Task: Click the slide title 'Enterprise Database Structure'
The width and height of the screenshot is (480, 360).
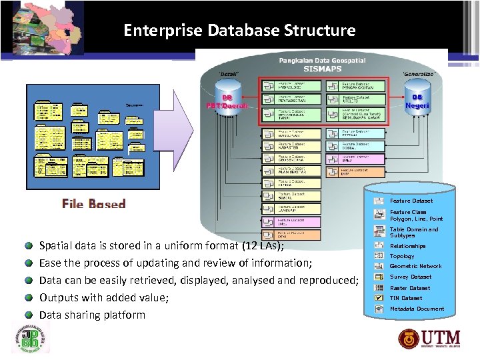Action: pos(239,31)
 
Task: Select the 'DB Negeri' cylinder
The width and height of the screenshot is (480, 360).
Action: pos(418,101)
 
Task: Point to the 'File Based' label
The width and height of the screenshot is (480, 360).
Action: pos(94,204)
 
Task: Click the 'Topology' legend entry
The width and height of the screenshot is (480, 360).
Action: pos(402,256)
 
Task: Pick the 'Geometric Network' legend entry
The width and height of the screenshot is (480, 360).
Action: pos(415,266)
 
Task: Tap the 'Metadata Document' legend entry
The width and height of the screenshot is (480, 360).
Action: pos(417,309)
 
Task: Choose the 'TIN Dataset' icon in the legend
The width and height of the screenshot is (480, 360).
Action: pos(379,298)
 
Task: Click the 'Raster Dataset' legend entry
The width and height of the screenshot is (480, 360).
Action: pos(409,288)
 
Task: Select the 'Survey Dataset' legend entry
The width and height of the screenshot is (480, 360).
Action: pos(410,277)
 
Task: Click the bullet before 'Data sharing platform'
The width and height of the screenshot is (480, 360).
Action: pos(30,315)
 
